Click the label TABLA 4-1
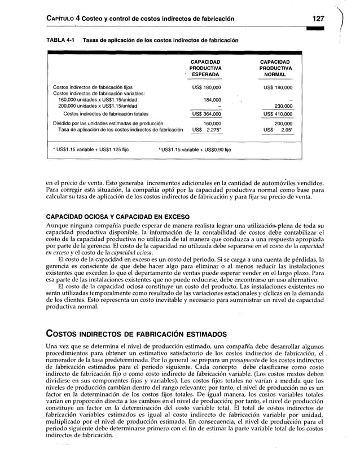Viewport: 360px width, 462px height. [x=60, y=41]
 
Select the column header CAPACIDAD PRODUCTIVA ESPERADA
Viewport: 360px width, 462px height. [x=205, y=68]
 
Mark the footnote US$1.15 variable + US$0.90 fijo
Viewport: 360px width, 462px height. [x=194, y=149]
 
